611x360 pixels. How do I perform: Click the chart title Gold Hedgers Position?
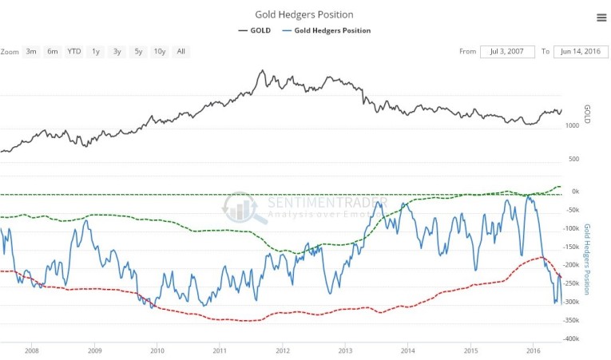pyautogui.click(x=304, y=14)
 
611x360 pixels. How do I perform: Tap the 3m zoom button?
pyautogui.click(x=31, y=52)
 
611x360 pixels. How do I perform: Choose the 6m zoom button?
pyautogui.click(x=53, y=52)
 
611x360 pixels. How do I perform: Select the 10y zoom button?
pyautogui.click(x=159, y=52)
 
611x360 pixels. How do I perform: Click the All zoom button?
pyautogui.click(x=181, y=52)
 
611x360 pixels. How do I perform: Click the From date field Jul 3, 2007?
pyautogui.click(x=507, y=52)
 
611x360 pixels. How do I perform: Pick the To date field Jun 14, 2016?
pyautogui.click(x=580, y=52)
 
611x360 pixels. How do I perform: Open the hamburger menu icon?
pyautogui.click(x=601, y=18)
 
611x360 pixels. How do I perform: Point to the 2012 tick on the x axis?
pyautogui.click(x=282, y=350)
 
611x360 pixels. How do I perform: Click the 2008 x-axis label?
pyautogui.click(x=32, y=350)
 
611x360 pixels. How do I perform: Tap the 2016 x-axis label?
pyautogui.click(x=533, y=350)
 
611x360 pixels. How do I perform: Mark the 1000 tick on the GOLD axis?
pyautogui.click(x=572, y=125)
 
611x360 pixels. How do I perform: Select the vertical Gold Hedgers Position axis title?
pyautogui.click(x=588, y=259)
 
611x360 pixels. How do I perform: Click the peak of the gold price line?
pyautogui.click(x=263, y=70)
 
